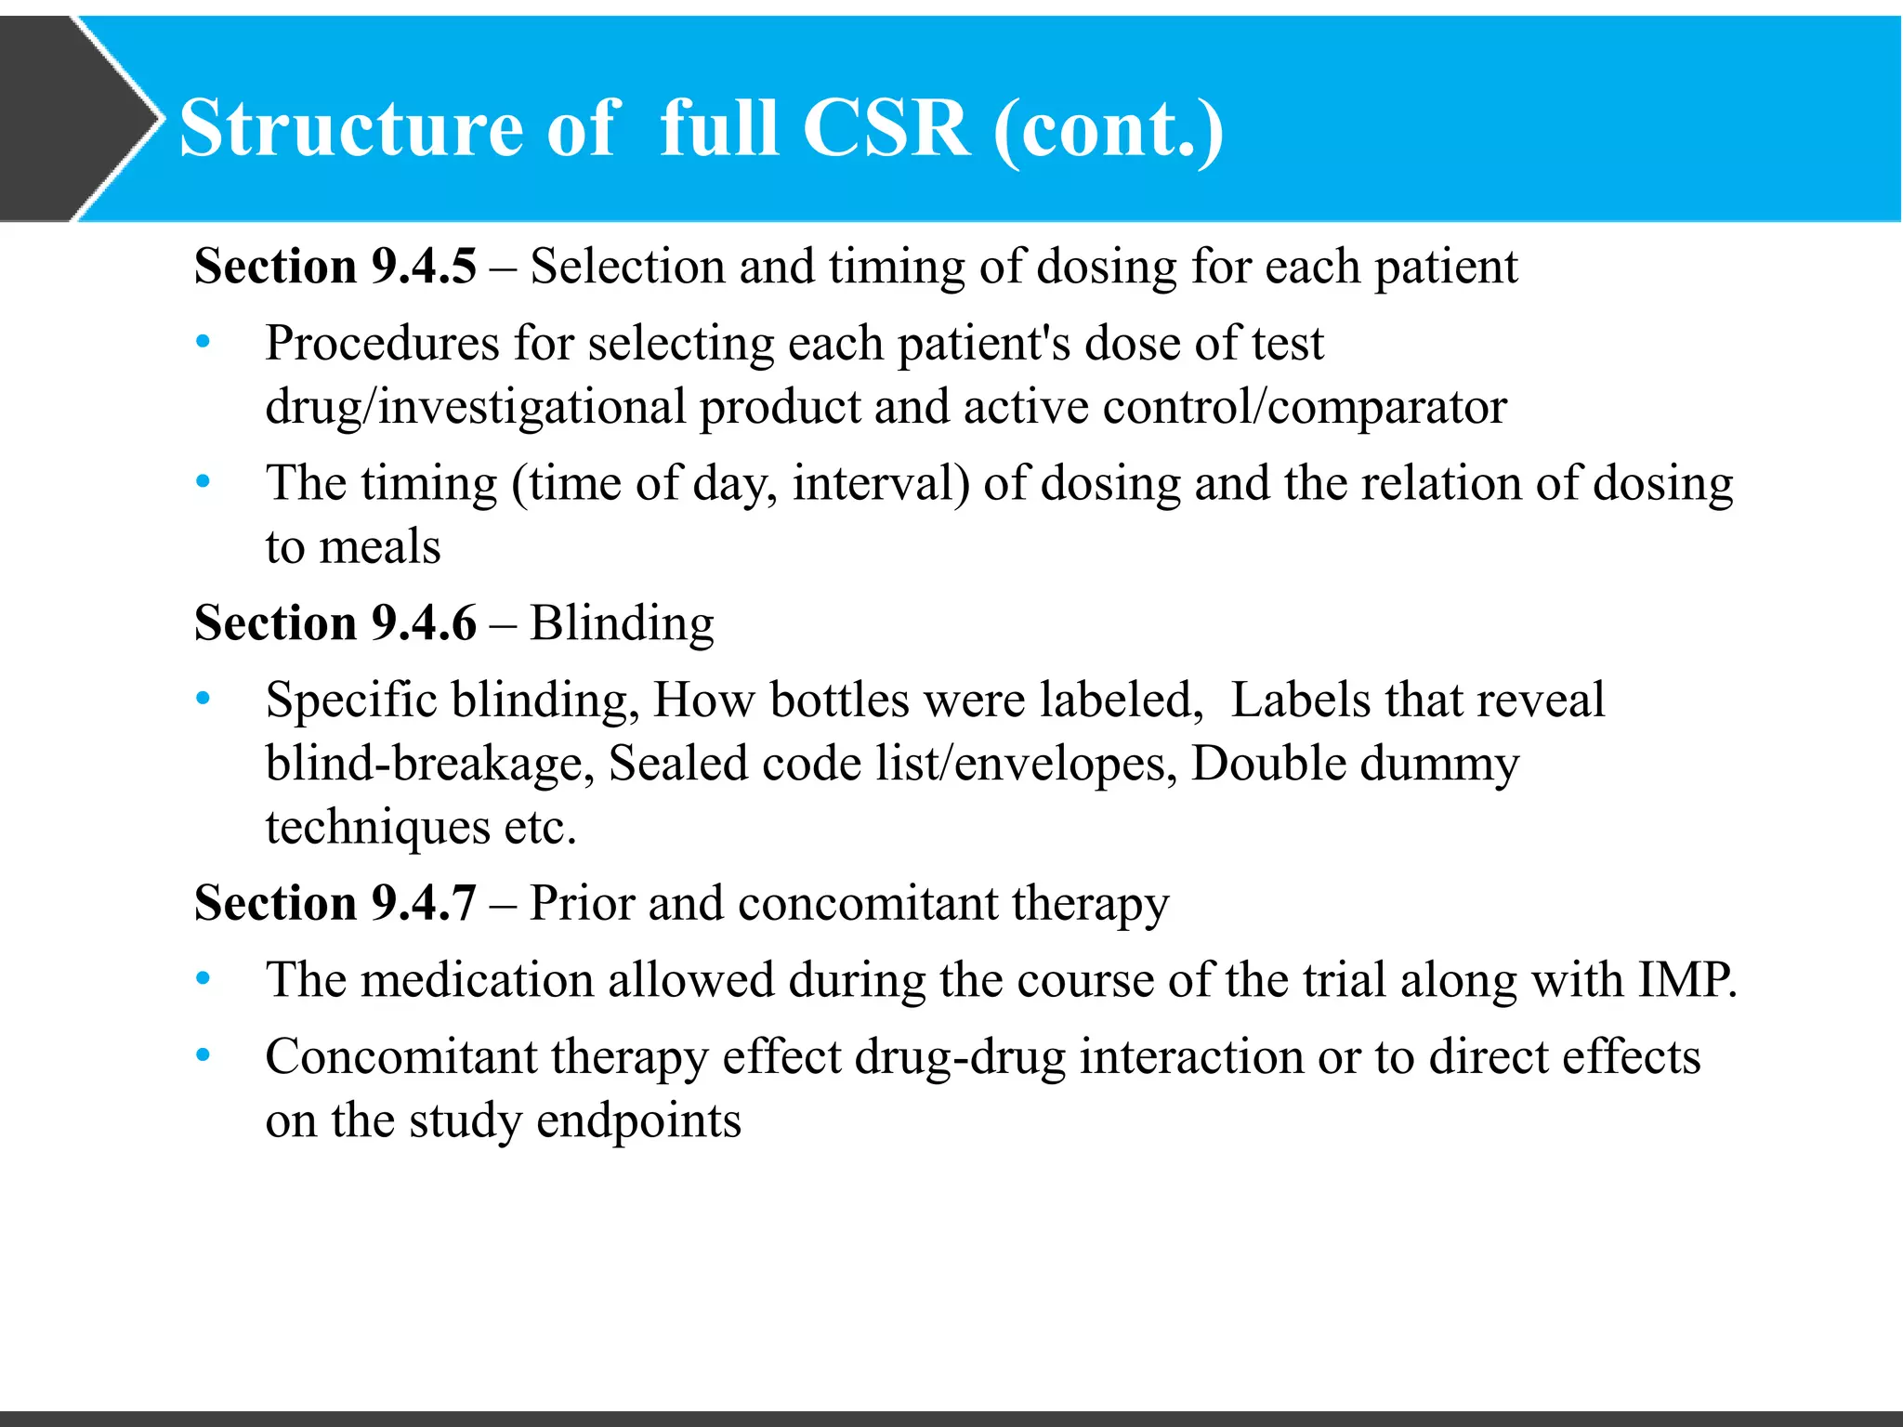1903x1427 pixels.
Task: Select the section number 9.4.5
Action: point(424,268)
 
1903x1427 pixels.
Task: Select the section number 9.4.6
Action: point(424,623)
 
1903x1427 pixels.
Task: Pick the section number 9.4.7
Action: point(424,904)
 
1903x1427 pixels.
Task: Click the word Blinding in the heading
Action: point(622,623)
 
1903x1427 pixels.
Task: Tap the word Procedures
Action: point(382,345)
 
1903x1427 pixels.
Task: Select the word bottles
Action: point(839,700)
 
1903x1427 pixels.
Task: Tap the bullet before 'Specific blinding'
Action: point(203,700)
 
